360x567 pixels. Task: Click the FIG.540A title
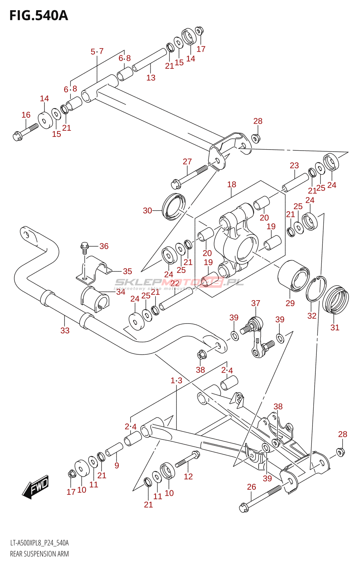[38, 16]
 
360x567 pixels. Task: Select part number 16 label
[26, 115]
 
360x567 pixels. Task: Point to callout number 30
[147, 210]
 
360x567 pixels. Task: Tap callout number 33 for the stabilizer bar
[65, 330]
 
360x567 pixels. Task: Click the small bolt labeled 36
[84, 247]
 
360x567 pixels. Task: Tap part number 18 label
[232, 184]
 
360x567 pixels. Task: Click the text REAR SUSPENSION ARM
[39, 554]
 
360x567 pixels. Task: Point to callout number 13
[151, 78]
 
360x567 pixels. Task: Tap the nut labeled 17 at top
[199, 31]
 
